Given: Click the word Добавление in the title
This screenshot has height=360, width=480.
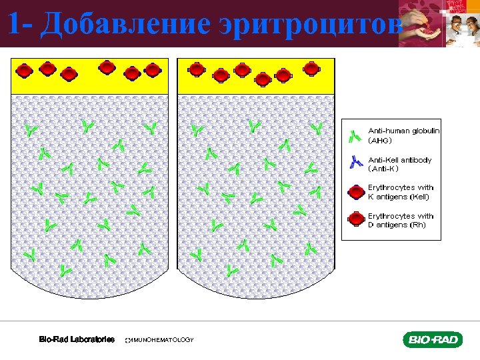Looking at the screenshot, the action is [x=125, y=24].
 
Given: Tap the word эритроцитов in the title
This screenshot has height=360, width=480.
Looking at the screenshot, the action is [x=311, y=24].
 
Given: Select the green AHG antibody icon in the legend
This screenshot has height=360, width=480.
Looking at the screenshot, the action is [x=355, y=136].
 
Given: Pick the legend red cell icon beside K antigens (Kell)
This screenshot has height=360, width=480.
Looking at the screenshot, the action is [x=356, y=192].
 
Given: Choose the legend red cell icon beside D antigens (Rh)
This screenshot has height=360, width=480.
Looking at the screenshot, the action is [x=356, y=220].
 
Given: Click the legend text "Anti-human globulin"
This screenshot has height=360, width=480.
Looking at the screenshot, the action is [x=404, y=131].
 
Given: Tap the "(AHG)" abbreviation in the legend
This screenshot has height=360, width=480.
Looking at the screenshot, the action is [x=381, y=141].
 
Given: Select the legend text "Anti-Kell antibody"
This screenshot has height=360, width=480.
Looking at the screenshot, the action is [x=400, y=160].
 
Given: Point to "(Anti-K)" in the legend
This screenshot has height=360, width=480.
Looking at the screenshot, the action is [x=383, y=169].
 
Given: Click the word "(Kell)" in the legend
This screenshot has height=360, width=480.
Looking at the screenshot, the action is [x=417, y=197].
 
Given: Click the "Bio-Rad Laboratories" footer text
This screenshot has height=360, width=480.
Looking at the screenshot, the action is [x=77, y=340].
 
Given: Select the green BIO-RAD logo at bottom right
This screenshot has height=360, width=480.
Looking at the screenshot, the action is [x=432, y=340].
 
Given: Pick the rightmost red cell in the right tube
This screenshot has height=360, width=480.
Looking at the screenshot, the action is [x=311, y=68].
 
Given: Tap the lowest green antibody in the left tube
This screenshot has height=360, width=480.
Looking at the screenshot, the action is [x=65, y=271].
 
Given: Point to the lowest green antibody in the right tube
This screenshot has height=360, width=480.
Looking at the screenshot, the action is [x=231, y=271].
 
